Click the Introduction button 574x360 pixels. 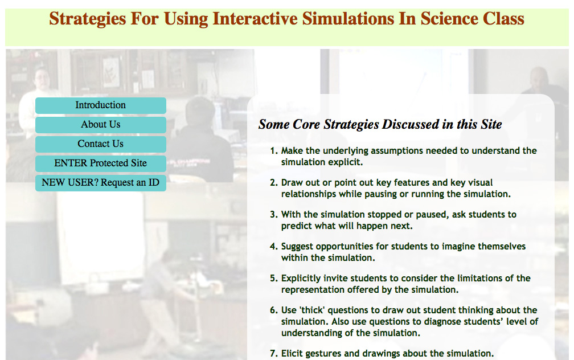101,105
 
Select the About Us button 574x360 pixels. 101,125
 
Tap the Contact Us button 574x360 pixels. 101,144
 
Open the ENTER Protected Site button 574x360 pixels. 101,163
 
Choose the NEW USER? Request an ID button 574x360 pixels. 101,183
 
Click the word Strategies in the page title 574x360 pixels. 88,19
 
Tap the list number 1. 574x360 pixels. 273,151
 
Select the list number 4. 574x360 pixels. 273,247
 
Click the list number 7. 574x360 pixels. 273,354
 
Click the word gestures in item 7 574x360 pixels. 323,354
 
